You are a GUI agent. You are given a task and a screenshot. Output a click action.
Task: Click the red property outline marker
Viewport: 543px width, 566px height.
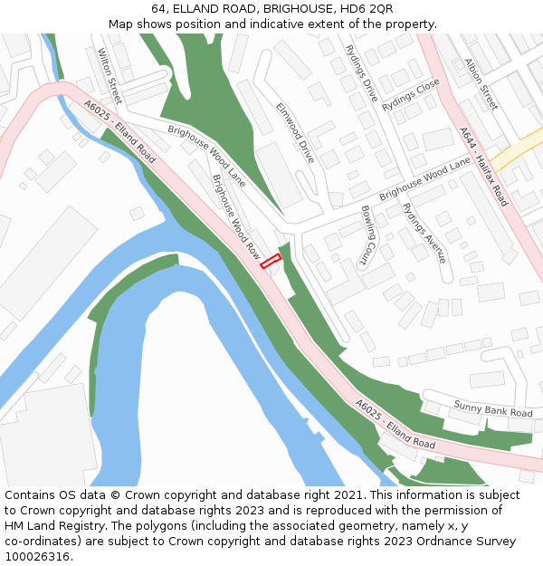(271, 262)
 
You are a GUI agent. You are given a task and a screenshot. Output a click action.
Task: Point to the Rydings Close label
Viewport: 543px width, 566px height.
(410, 94)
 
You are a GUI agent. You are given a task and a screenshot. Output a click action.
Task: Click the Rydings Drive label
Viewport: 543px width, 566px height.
(361, 72)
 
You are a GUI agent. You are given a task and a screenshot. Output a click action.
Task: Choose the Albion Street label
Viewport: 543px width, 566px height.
(481, 84)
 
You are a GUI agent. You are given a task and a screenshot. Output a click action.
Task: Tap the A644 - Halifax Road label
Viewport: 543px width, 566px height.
(483, 166)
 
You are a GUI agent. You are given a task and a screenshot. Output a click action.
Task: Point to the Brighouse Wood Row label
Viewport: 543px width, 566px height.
(235, 215)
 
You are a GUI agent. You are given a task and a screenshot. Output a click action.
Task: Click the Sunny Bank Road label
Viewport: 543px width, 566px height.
(493, 408)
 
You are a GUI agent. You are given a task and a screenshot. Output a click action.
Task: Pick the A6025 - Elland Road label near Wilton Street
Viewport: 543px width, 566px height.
(119, 131)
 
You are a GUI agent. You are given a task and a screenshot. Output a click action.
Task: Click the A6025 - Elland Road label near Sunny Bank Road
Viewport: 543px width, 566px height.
(395, 426)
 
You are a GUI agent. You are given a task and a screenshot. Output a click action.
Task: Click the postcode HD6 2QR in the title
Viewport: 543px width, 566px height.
(367, 9)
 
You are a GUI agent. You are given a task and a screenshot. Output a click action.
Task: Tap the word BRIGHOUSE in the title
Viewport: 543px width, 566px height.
(291, 9)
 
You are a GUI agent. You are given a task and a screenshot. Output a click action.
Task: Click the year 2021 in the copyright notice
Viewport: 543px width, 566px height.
(347, 495)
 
